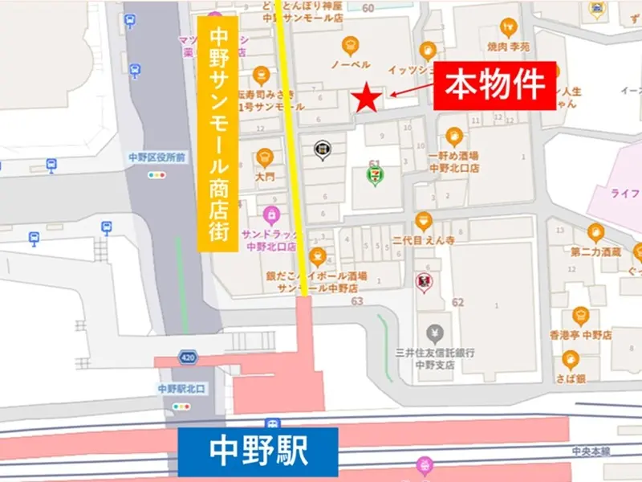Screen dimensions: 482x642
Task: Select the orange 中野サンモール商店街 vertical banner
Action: point(217,133)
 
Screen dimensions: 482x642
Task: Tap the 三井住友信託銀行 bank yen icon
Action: point(435,332)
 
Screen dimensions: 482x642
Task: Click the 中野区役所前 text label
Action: point(156,158)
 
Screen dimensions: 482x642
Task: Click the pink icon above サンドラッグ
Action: point(271,216)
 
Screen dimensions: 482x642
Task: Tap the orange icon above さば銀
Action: point(571,359)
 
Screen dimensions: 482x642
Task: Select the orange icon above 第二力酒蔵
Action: point(596,233)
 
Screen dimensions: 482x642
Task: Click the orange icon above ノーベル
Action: point(350,45)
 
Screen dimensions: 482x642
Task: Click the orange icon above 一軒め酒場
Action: point(454,137)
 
